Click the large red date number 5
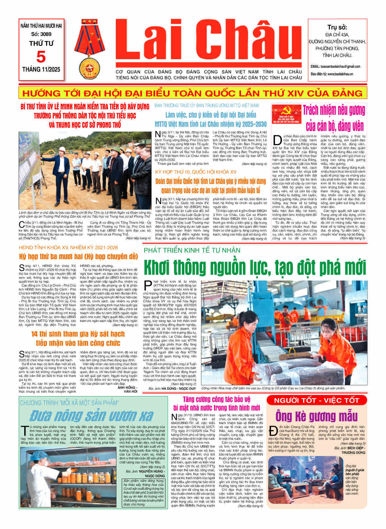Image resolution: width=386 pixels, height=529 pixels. (41, 57)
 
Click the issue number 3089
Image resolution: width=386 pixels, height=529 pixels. (41, 34)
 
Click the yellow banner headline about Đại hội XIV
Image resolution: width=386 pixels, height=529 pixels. (193, 93)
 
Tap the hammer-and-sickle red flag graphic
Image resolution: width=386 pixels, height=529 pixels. (286, 114)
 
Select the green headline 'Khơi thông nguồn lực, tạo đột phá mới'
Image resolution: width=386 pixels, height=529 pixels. (254, 267)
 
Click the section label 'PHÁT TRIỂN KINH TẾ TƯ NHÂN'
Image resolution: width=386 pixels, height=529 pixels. (192, 250)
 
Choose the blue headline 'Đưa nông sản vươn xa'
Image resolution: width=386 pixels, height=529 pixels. (91, 416)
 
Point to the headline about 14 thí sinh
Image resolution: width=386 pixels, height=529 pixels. (78, 338)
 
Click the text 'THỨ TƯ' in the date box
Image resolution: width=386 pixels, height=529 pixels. (41, 43)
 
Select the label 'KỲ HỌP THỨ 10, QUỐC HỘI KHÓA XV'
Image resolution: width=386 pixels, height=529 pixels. (196, 172)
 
